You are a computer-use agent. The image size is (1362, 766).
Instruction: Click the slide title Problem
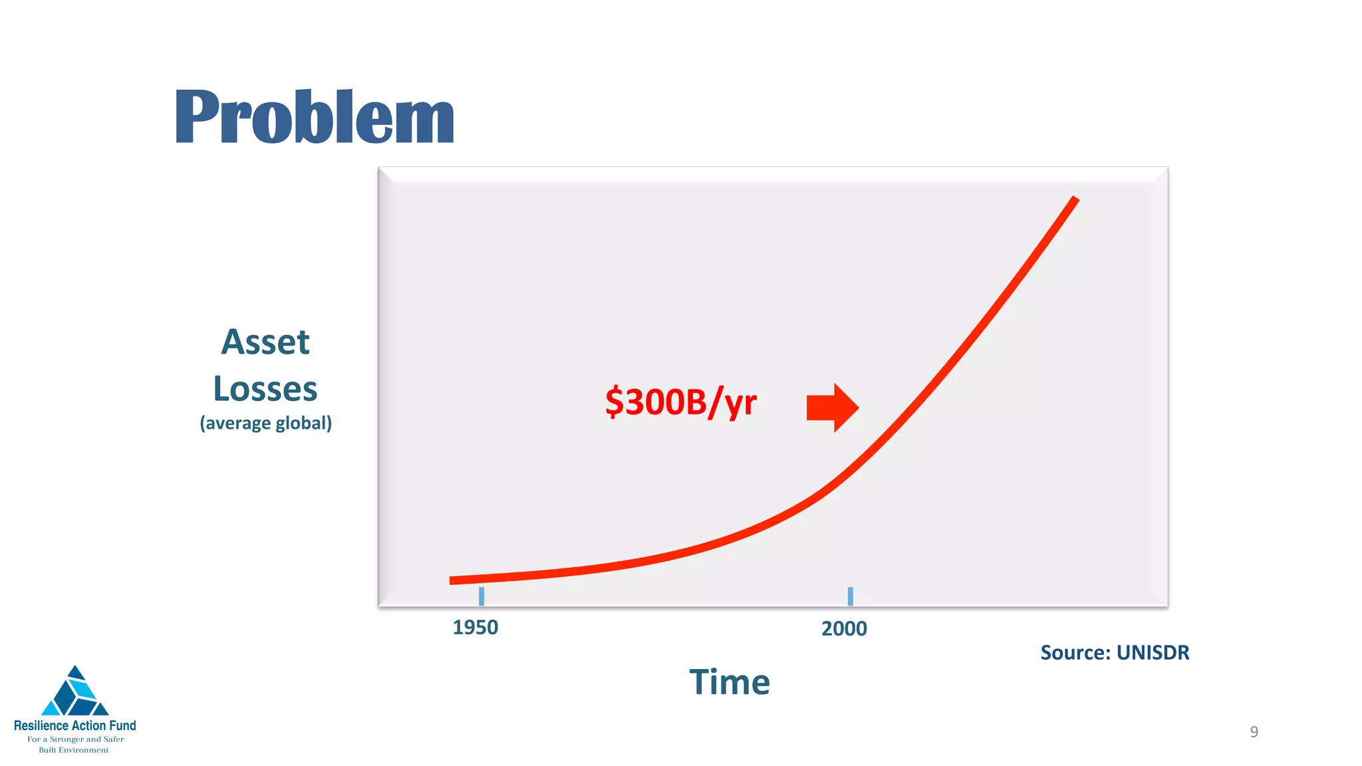click(314, 118)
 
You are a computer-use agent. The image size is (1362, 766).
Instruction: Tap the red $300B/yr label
click(680, 402)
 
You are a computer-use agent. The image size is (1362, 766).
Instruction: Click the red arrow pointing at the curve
click(832, 408)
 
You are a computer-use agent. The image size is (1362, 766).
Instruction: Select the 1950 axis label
click(475, 628)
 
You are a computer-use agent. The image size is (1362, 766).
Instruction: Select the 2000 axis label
click(844, 628)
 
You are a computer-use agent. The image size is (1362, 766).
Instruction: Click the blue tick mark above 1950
click(481, 596)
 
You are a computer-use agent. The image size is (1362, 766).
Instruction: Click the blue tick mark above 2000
click(850, 596)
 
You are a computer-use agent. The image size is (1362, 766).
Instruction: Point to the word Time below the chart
click(730, 682)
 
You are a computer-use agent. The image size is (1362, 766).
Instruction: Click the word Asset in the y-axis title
click(265, 342)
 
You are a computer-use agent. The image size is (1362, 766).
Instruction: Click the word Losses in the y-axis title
click(265, 389)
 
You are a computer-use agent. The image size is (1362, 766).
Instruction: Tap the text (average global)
click(265, 424)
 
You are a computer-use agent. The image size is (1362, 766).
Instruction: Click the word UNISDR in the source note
click(1153, 653)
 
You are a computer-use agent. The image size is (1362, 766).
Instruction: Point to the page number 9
click(1254, 732)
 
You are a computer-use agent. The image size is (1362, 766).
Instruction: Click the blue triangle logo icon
click(75, 693)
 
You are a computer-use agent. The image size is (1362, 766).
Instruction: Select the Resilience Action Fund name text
click(75, 725)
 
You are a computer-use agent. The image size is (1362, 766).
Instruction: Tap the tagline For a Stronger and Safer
click(75, 739)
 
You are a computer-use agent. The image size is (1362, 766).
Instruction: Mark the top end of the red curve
click(1075, 199)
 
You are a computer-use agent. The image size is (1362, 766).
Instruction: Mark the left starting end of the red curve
click(453, 580)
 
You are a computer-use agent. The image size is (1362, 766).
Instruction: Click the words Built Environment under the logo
click(74, 750)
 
